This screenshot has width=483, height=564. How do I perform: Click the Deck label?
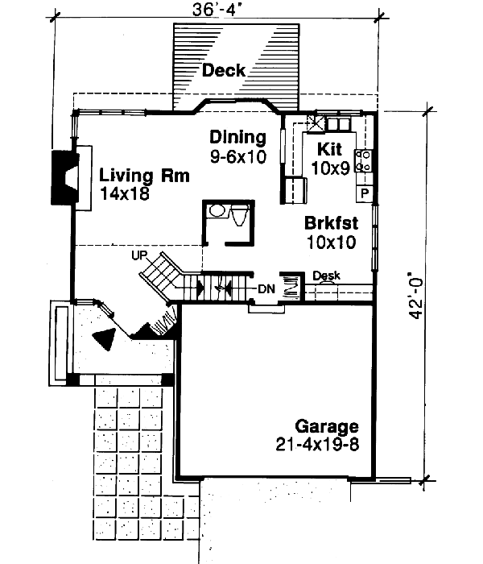click(223, 70)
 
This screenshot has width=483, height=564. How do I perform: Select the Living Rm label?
click(145, 176)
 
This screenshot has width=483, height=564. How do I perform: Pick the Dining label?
click(237, 136)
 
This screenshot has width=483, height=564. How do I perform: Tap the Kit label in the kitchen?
click(330, 149)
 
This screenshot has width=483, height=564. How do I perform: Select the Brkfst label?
click(331, 222)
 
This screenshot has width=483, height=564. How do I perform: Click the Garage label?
click(326, 426)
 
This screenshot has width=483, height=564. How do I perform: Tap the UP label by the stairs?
click(142, 255)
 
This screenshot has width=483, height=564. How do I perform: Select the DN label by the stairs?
click(266, 288)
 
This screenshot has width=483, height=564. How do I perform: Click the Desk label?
click(326, 276)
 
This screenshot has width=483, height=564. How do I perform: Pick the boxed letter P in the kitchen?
click(364, 193)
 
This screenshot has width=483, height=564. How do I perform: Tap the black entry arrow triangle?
click(103, 339)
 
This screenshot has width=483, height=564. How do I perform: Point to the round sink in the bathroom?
click(215, 212)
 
